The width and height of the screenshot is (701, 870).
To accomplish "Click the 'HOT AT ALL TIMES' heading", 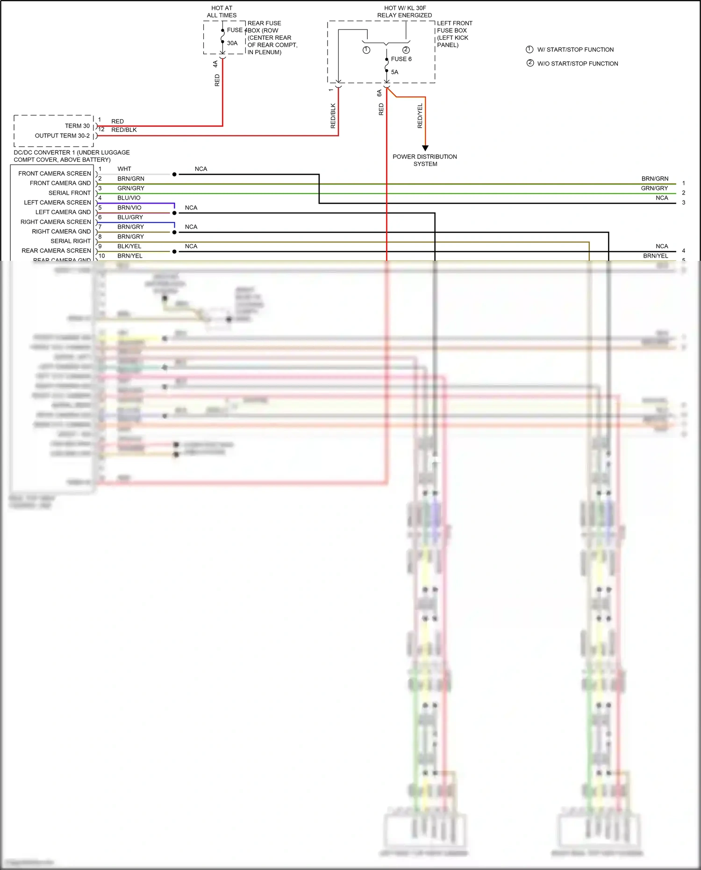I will click(x=222, y=12).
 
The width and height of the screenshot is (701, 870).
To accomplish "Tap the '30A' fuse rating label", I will click(x=232, y=43).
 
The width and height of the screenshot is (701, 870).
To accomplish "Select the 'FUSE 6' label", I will click(x=401, y=59).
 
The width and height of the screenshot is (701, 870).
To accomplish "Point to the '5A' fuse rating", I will click(x=394, y=72).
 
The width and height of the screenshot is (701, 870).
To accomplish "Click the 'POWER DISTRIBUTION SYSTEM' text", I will click(x=425, y=160).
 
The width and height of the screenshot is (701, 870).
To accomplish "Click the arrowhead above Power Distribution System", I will click(x=425, y=148).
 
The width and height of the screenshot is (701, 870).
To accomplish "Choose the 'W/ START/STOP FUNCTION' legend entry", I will click(x=575, y=50).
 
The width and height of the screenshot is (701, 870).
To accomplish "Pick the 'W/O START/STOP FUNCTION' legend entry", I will click(x=577, y=64).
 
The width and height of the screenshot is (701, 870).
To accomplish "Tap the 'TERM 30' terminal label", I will click(x=77, y=126).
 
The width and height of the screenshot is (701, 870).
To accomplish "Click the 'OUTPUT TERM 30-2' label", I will click(x=62, y=136).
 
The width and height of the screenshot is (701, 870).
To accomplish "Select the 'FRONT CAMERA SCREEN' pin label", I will click(x=55, y=173).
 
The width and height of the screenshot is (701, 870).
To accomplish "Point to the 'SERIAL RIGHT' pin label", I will click(x=71, y=241).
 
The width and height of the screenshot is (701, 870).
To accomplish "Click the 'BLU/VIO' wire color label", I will click(x=129, y=198).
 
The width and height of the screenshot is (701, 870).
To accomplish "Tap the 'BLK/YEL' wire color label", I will click(x=129, y=246).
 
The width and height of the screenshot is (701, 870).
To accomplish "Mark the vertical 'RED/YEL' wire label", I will click(x=420, y=116).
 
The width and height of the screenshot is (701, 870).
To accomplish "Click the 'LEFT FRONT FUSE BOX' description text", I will click(x=454, y=34).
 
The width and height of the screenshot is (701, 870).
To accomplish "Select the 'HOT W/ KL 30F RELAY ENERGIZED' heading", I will click(x=405, y=12).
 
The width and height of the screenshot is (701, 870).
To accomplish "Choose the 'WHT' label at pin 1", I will click(x=124, y=169).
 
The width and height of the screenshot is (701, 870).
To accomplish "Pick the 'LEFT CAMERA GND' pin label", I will click(x=63, y=212).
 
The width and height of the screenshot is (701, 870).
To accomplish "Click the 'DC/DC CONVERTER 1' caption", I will click(x=72, y=156).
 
